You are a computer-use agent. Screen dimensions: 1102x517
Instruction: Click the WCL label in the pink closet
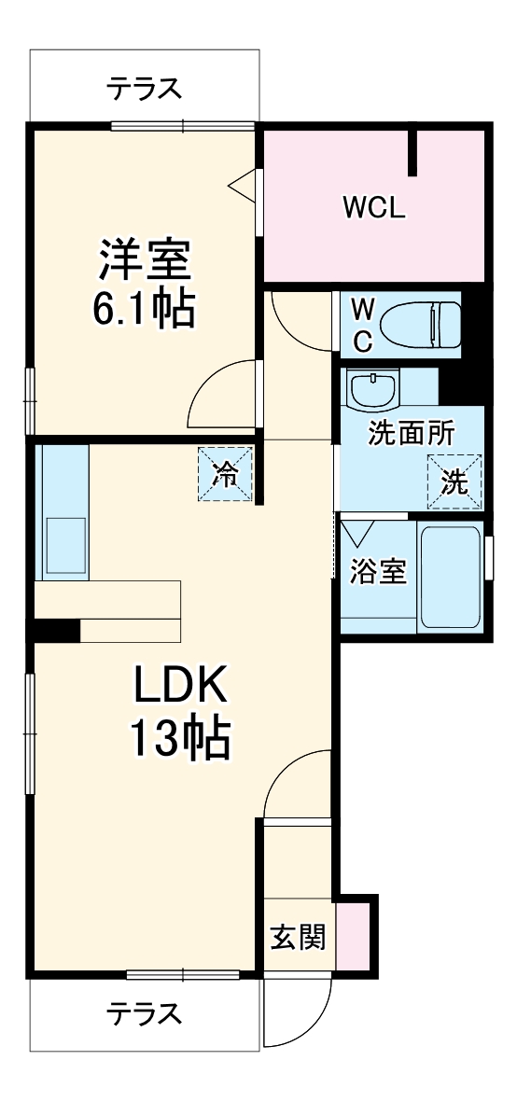click(x=374, y=207)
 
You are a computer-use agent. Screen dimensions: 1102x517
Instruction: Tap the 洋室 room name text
click(x=146, y=260)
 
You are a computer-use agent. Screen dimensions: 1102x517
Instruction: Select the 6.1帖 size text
click(x=144, y=308)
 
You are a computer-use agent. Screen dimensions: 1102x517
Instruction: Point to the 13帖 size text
click(x=179, y=739)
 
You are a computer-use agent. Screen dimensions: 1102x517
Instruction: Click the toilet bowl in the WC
click(x=422, y=324)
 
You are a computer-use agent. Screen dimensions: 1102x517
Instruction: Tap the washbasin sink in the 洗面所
click(x=372, y=388)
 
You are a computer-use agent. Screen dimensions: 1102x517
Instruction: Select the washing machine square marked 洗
click(x=455, y=481)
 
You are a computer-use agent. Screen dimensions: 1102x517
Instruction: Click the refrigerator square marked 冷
click(x=225, y=474)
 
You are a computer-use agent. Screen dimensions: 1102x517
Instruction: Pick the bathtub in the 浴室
click(x=450, y=577)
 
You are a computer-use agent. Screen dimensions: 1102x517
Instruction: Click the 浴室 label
click(x=378, y=572)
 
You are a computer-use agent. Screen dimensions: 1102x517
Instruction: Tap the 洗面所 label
click(x=412, y=433)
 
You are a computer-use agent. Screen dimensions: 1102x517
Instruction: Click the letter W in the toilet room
click(x=362, y=307)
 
